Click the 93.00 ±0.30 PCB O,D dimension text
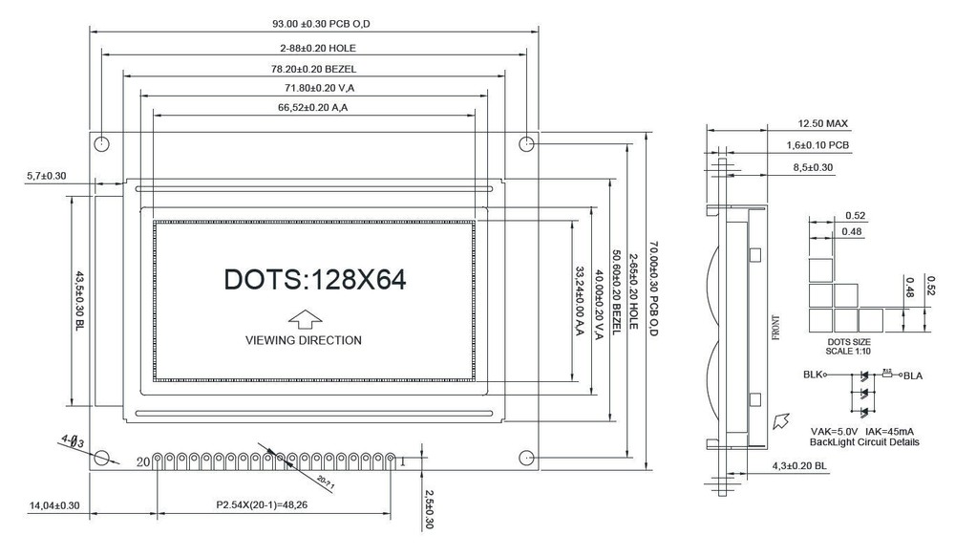coord(315,23)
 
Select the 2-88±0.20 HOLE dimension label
coord(315,47)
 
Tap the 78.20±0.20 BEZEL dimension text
coord(315,69)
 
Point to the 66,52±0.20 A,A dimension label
coord(315,108)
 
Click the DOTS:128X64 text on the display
coord(315,279)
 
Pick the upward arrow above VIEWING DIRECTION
coord(304,318)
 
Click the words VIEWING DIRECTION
coord(304,340)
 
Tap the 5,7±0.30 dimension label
coord(46,176)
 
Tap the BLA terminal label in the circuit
coord(914,375)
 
